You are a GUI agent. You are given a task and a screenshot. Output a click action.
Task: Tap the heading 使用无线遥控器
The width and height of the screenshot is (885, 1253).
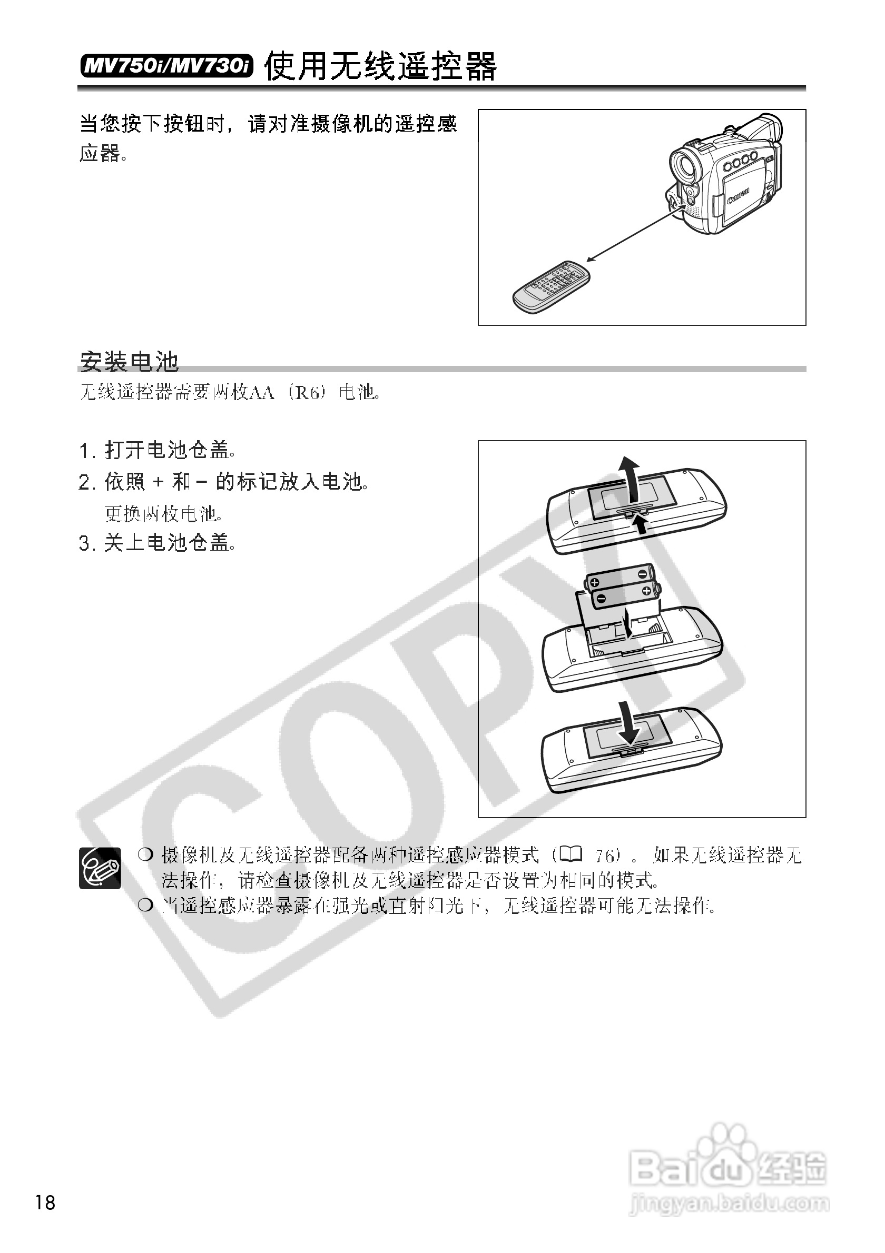[380, 66]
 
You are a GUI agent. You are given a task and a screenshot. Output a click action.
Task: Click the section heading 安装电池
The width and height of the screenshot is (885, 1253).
[130, 361]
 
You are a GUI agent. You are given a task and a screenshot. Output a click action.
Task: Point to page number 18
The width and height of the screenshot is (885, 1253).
[45, 1202]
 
